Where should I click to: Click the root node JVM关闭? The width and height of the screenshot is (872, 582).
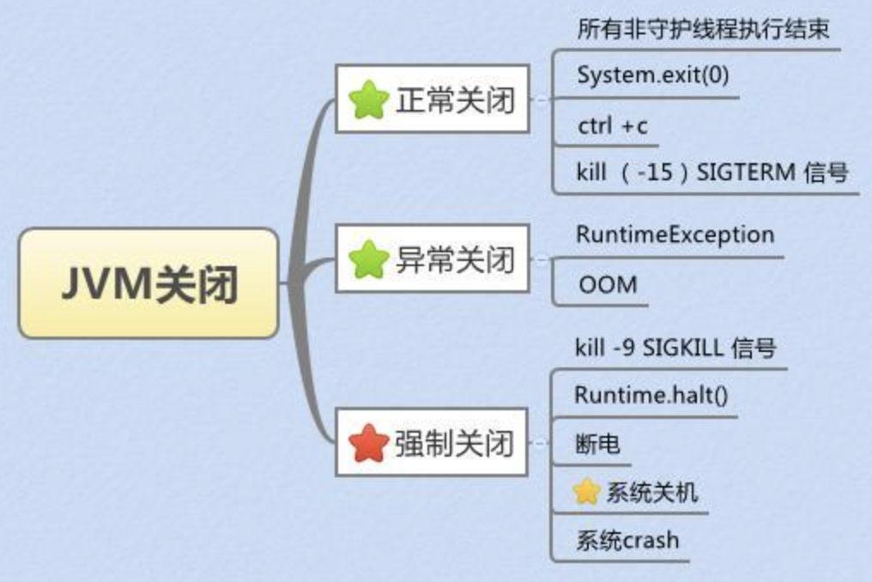pyautogui.click(x=148, y=283)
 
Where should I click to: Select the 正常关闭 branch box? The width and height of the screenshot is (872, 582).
pyautogui.click(x=432, y=99)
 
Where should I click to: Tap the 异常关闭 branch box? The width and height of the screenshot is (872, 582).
pyautogui.click(x=432, y=258)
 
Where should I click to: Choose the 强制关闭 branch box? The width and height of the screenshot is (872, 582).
pyautogui.click(x=432, y=442)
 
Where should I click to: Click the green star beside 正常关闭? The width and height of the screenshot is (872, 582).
pyautogui.click(x=368, y=100)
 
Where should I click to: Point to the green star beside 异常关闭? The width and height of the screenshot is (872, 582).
pyautogui.click(x=368, y=260)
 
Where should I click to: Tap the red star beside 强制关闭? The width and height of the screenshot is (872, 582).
pyautogui.click(x=368, y=444)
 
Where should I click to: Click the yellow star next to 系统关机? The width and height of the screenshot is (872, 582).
pyautogui.click(x=587, y=492)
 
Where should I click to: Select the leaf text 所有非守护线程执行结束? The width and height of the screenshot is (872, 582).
pyautogui.click(x=703, y=29)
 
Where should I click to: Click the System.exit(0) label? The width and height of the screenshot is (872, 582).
pyautogui.click(x=653, y=76)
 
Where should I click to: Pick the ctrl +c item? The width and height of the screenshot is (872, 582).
pyautogui.click(x=613, y=125)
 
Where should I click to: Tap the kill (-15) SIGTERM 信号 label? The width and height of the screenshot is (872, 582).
pyautogui.click(x=712, y=172)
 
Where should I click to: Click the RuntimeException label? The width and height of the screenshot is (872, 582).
pyautogui.click(x=675, y=235)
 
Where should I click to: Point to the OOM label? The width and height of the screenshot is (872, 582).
pyautogui.click(x=608, y=285)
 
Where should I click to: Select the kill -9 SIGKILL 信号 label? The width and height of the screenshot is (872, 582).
pyautogui.click(x=675, y=348)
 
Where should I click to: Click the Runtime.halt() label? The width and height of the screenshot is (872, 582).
pyautogui.click(x=651, y=395)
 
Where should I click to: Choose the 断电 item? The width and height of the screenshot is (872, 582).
pyautogui.click(x=597, y=444)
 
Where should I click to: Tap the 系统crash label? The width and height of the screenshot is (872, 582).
pyautogui.click(x=627, y=540)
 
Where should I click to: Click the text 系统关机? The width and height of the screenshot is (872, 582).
pyautogui.click(x=651, y=493)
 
